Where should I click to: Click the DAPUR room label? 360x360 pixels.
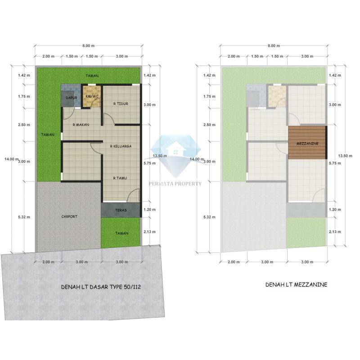[72, 98]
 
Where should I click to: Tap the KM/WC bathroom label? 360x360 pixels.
[92, 96]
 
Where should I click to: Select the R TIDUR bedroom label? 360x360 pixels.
[121, 104]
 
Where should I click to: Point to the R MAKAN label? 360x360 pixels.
[81, 125]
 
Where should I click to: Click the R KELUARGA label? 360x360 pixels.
[121, 146]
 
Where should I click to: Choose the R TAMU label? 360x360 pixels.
[120, 178]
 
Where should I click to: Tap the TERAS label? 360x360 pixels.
[121, 210]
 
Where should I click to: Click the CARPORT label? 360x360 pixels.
[69, 216]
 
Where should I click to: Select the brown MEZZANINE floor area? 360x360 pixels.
[307, 143]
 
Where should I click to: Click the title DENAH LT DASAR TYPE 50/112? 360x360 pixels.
[101, 287]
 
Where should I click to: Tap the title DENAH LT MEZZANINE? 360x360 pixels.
[296, 285]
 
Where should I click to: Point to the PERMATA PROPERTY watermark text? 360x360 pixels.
[175, 184]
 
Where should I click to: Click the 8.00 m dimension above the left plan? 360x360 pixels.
[88, 46]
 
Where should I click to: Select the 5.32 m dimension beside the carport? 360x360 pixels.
[24, 217]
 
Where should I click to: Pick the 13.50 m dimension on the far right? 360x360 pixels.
[345, 156]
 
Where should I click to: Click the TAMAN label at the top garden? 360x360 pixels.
[92, 76]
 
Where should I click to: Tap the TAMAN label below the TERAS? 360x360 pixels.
[121, 233]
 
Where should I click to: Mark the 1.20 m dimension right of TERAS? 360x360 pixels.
[149, 210]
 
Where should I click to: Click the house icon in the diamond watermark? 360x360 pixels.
[176, 149]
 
